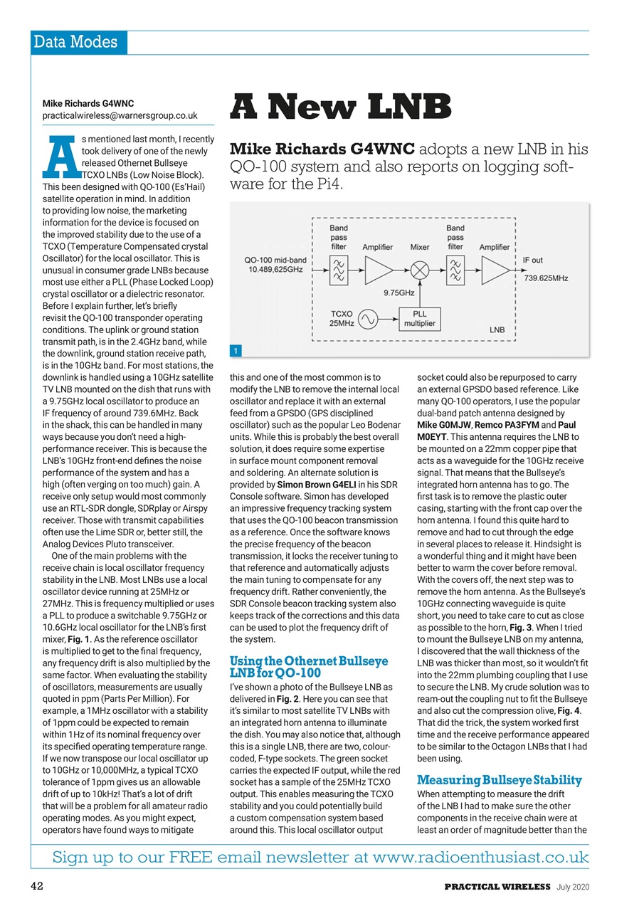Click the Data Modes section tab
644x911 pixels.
point(79,42)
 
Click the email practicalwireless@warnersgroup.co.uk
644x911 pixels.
point(120,115)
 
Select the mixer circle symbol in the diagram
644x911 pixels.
point(420,270)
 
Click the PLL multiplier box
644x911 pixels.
point(420,318)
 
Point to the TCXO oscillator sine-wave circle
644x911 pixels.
point(369,319)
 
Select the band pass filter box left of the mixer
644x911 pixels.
point(339,270)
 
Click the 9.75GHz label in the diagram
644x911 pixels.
point(399,293)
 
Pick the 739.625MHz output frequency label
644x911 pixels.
point(547,278)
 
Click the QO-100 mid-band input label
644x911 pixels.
point(275,264)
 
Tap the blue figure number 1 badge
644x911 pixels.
point(235,351)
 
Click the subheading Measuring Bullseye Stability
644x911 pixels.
point(499,780)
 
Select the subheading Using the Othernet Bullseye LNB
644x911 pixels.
point(309,667)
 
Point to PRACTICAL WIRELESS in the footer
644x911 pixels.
point(497,886)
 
